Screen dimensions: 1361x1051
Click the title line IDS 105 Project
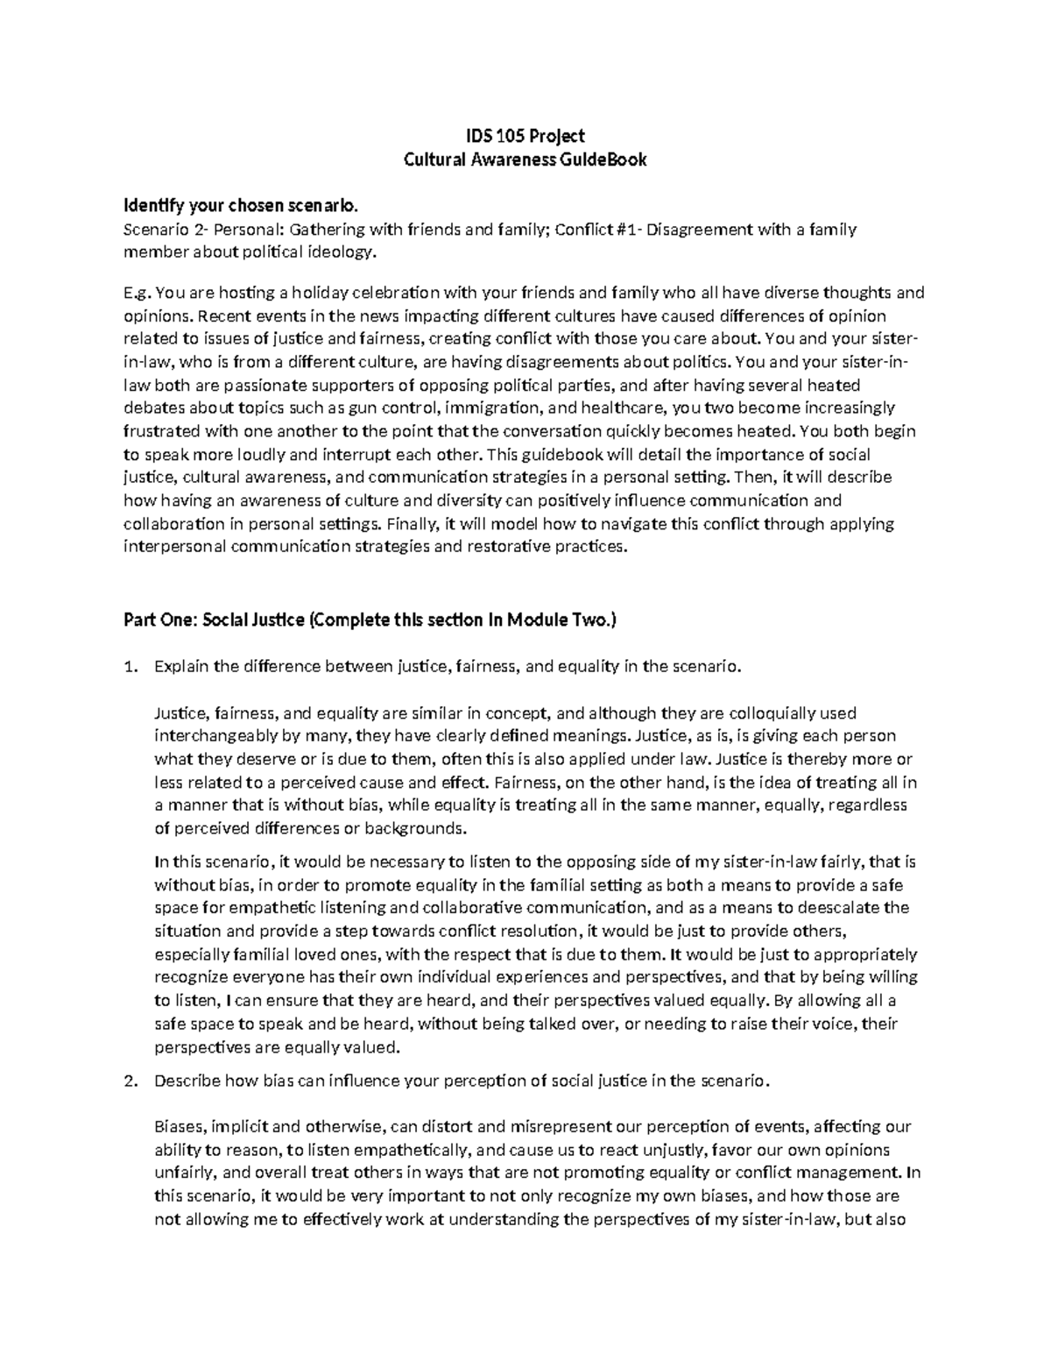coord(524,136)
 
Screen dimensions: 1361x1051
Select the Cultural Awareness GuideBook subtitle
coord(524,159)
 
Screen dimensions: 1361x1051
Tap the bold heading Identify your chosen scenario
coord(241,207)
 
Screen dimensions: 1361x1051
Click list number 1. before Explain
coord(130,667)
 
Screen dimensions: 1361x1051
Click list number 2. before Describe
coord(130,1081)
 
